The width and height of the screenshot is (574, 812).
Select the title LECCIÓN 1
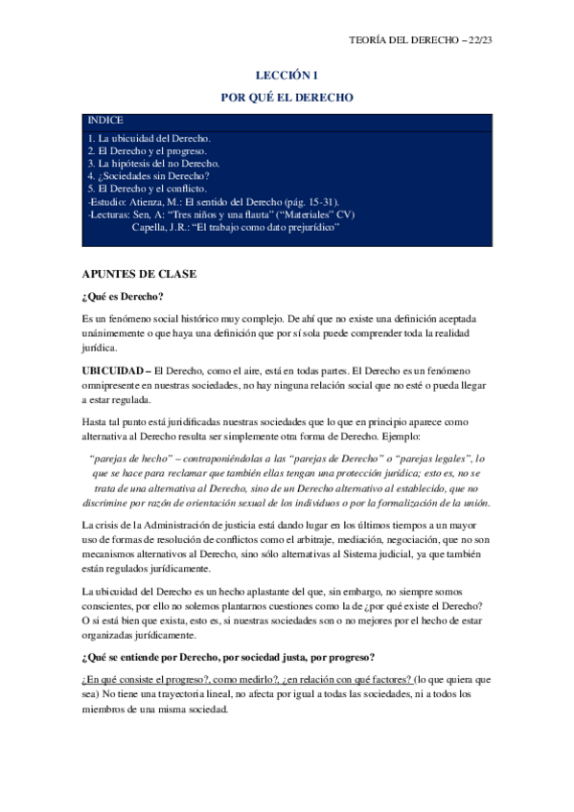coord(287,74)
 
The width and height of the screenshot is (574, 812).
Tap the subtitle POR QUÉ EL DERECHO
coord(287,98)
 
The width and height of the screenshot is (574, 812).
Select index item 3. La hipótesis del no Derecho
coord(153,164)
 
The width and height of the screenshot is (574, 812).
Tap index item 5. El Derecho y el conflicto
coord(147,189)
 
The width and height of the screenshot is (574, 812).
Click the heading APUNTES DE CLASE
coord(140,275)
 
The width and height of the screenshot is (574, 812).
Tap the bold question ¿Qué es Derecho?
coord(124,296)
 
